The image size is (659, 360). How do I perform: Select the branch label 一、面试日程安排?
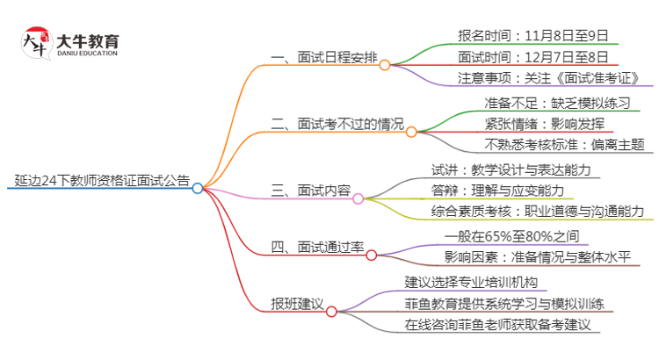[324, 60]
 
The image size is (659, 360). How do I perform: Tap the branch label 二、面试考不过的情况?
[337, 126]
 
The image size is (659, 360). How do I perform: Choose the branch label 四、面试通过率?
[317, 248]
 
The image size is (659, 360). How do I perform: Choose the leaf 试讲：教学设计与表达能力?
[511, 169]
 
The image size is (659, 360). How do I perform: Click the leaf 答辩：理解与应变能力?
[497, 190]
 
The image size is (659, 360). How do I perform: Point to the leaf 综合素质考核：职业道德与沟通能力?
[538, 211]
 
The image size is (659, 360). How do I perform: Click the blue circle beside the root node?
[198, 188]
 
